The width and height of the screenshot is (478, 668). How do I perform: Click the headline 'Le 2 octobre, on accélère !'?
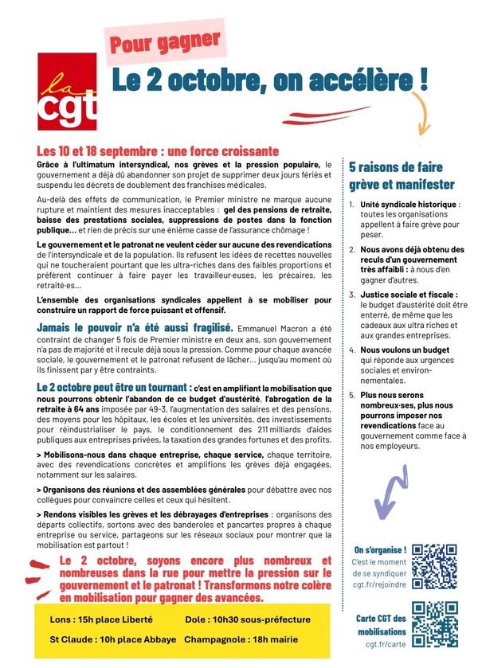[268, 80]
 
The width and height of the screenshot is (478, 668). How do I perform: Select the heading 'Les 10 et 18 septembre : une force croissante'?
[158, 150]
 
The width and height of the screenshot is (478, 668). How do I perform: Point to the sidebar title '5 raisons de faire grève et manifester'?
[402, 176]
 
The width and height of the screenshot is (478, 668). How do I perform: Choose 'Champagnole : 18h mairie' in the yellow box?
[241, 639]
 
